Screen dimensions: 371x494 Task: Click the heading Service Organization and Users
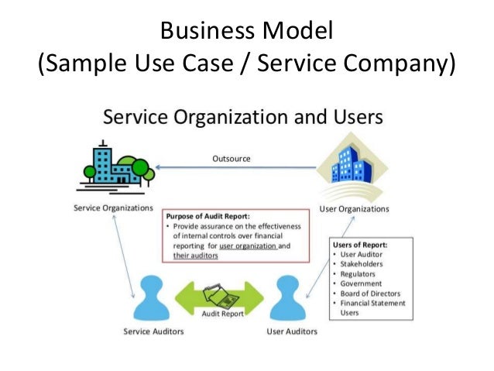pyautogui.click(x=243, y=118)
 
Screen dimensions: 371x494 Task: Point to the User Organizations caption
pyautogui.click(x=355, y=208)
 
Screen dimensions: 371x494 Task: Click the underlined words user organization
pyautogui.click(x=247, y=246)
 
